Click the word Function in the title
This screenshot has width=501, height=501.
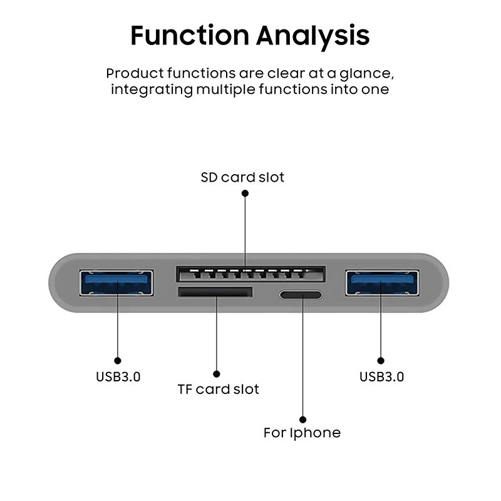click(190, 35)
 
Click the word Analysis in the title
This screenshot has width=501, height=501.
click(312, 37)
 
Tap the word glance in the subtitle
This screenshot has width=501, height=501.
click(364, 75)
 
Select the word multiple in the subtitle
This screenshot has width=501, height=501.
click(225, 90)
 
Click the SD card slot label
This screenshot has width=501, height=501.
click(242, 177)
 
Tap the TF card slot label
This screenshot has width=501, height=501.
click(218, 389)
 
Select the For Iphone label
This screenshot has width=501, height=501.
click(302, 433)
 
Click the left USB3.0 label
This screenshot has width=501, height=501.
click(118, 377)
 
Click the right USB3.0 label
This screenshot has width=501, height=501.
click(382, 377)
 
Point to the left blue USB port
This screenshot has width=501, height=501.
click(116, 283)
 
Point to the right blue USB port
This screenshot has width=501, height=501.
click(382, 283)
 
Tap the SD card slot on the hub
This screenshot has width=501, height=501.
click(251, 274)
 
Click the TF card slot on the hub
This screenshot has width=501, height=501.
click(215, 292)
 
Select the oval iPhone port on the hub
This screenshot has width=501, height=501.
click(301, 295)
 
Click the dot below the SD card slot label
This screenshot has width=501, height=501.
click(245, 194)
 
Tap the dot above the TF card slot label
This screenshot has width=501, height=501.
click(216, 374)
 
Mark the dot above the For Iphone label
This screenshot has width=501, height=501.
click(303, 420)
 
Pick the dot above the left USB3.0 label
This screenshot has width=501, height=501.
click(118, 361)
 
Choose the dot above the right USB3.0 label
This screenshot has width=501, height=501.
click(381, 361)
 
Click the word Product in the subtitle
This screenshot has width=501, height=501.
click(135, 73)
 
